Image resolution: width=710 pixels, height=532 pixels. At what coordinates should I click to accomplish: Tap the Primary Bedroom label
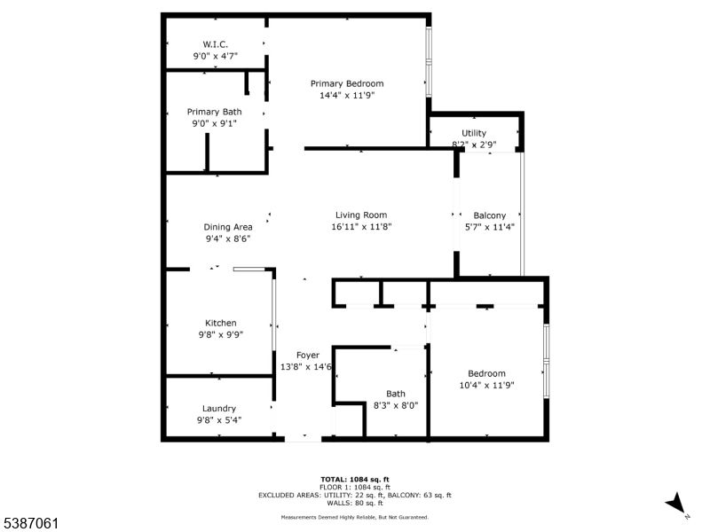pyautogui.click(x=346, y=83)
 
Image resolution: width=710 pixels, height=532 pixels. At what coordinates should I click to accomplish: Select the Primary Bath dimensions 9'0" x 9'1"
pyautogui.click(x=214, y=123)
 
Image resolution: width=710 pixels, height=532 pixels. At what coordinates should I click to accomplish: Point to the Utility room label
pyautogui.click(x=473, y=133)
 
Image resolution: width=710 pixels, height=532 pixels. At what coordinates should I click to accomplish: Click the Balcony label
pyautogui.click(x=489, y=215)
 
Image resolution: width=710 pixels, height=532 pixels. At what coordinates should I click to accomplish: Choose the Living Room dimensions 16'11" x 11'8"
pyautogui.click(x=361, y=226)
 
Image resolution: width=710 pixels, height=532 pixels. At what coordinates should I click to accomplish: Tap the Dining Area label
pyautogui.click(x=229, y=226)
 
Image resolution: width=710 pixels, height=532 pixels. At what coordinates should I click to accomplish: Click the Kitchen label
pyautogui.click(x=221, y=323)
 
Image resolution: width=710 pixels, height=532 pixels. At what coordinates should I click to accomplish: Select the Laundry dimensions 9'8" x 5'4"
pyautogui.click(x=219, y=420)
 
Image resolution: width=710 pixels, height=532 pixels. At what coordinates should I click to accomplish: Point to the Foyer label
pyautogui.click(x=307, y=355)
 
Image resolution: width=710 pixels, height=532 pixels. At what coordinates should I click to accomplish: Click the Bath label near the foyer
pyautogui.click(x=396, y=394)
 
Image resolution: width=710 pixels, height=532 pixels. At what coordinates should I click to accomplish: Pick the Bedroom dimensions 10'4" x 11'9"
pyautogui.click(x=487, y=385)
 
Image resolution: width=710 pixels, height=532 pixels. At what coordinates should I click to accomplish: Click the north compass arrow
pyautogui.click(x=676, y=503)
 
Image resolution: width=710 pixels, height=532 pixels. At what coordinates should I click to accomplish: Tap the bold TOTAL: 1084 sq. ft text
pyautogui.click(x=354, y=479)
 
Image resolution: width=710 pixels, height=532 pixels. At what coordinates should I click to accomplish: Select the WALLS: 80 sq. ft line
pyautogui.click(x=354, y=503)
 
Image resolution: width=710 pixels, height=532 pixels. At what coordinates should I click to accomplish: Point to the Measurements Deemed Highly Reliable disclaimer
pyautogui.click(x=354, y=517)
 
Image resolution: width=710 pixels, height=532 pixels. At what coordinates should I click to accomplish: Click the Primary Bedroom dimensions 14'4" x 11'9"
pyautogui.click(x=346, y=95)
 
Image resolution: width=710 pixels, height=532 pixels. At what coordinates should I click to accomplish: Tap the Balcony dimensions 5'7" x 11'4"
pyautogui.click(x=489, y=227)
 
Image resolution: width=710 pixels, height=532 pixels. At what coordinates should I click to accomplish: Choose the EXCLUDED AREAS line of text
pyautogui.click(x=354, y=495)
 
